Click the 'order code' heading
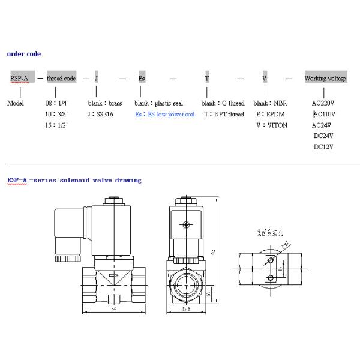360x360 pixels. pos(24,54)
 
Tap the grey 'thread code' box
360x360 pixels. pos(61,79)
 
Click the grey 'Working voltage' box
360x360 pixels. pos(325,79)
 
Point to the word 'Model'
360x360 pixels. pos(15,103)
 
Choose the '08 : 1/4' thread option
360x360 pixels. pos(58,103)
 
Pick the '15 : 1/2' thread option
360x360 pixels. pos(58,125)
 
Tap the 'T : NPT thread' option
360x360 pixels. pos(223,114)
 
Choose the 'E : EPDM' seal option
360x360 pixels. pos(268,114)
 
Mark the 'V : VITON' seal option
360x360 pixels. pos(268,125)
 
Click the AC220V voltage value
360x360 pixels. pos(323,103)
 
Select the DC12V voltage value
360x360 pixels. pos(323,146)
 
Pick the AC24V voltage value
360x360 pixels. pos(323,125)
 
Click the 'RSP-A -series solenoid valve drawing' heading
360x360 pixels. pos(74,180)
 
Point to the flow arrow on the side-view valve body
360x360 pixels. pos(113,277)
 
